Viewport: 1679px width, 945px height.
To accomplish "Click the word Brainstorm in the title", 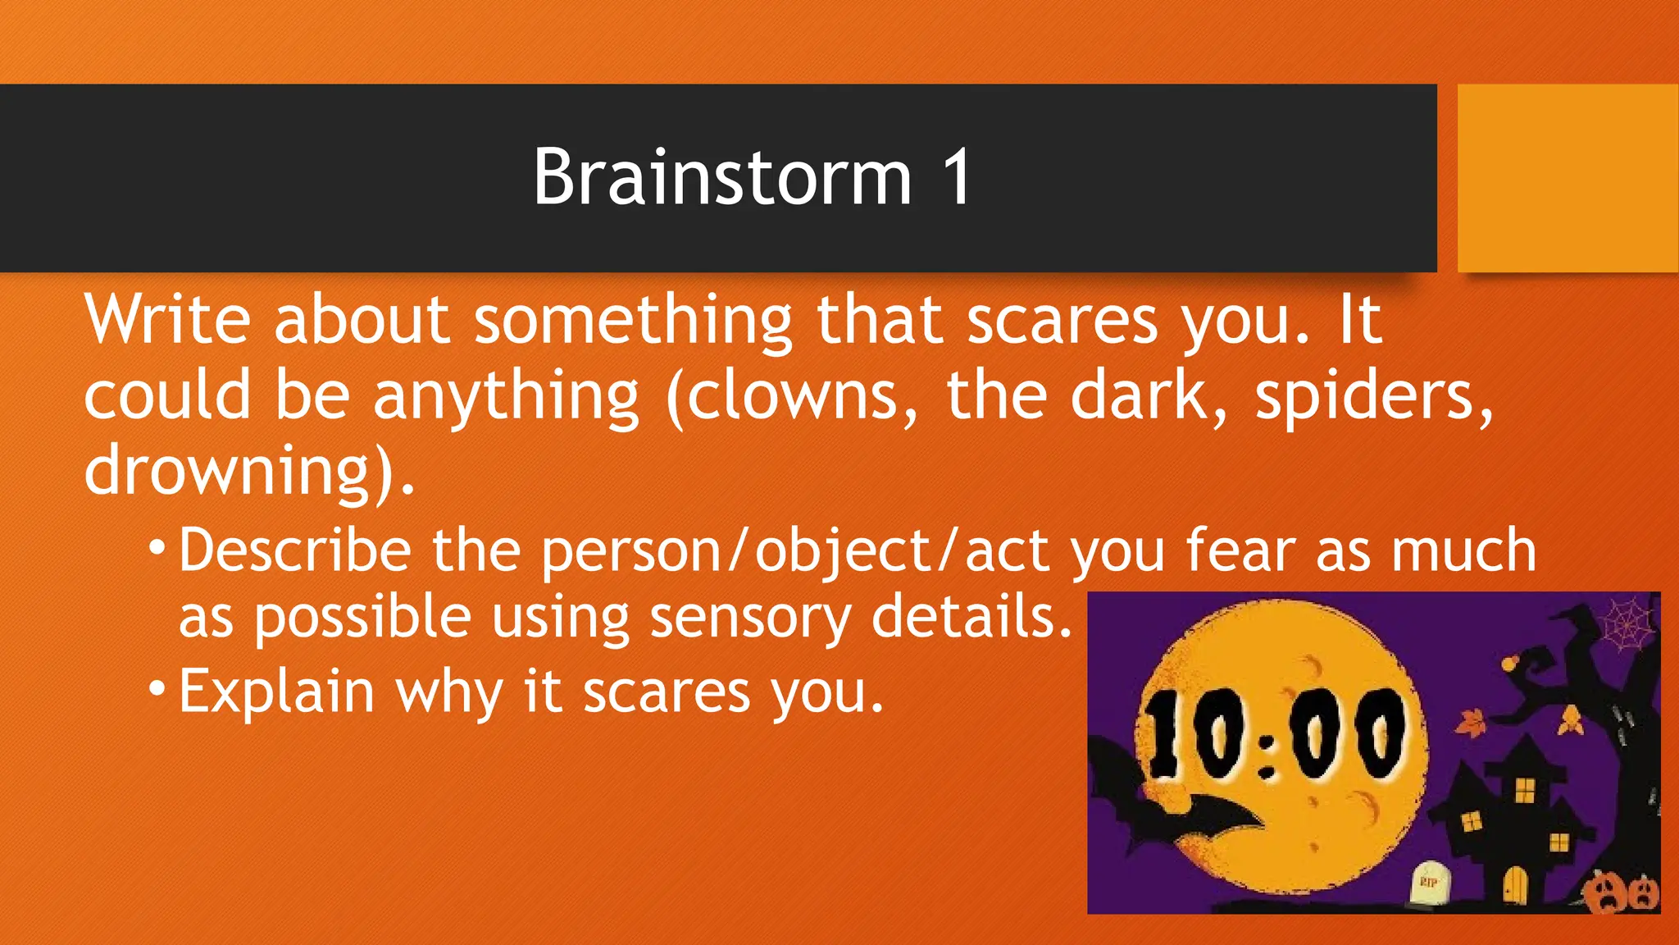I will (722, 177).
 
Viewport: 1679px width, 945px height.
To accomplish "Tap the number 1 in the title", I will (956, 177).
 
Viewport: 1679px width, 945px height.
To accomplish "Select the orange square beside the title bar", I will (1568, 178).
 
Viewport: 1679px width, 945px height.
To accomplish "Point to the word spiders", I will (1374, 397).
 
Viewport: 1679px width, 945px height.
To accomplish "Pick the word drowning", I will (229, 471).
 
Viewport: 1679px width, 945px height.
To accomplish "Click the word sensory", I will (750, 617).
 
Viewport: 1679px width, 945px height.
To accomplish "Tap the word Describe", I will (295, 550).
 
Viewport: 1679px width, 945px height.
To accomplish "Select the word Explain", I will (276, 692).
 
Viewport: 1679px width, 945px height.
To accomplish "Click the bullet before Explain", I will (157, 687).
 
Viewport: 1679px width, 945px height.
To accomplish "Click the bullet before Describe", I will (157, 546).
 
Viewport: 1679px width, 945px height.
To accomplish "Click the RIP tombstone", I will (1429, 883).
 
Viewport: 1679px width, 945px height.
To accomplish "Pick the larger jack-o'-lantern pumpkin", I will (1607, 893).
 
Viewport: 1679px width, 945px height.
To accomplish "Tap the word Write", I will (167, 319).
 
